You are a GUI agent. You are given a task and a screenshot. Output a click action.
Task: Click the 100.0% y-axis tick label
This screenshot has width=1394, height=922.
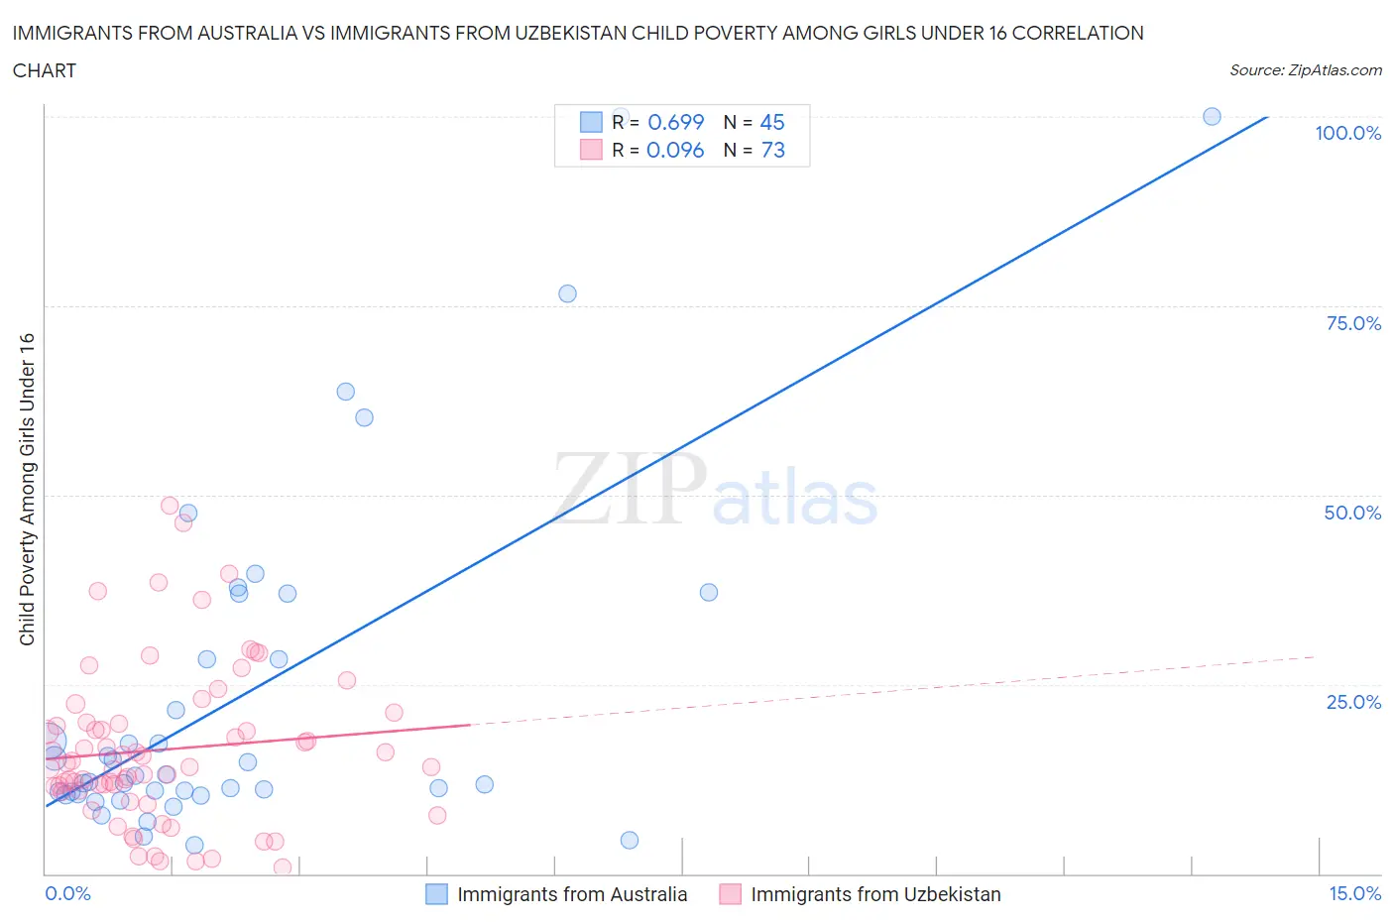1347,133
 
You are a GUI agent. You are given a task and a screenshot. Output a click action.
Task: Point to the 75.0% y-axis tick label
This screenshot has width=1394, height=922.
1353,323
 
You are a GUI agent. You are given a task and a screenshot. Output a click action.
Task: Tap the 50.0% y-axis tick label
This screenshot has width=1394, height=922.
1352,513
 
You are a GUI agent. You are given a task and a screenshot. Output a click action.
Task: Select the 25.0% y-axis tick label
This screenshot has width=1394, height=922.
1353,702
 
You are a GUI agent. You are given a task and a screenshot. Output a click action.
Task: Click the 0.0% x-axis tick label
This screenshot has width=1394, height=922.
67,893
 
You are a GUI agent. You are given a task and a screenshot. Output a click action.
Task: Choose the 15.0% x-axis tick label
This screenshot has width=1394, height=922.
1354,893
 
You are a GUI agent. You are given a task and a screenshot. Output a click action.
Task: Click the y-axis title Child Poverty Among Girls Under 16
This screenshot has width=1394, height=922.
27,489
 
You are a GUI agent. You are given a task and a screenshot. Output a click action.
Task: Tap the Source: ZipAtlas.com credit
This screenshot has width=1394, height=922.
1305,70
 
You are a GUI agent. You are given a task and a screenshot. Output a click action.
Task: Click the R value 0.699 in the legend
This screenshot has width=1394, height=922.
675,122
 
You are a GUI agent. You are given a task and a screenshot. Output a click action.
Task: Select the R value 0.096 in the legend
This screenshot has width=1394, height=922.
675,150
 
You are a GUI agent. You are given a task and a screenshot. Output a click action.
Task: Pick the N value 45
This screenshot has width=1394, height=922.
771,122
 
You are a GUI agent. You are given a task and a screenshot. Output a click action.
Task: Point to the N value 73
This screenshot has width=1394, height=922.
772,150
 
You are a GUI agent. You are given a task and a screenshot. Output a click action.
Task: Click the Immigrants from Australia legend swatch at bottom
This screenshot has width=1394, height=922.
436,894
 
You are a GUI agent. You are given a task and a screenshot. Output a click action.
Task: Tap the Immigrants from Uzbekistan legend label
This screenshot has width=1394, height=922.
875,894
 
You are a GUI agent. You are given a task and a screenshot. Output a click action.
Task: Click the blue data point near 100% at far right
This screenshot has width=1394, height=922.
1212,116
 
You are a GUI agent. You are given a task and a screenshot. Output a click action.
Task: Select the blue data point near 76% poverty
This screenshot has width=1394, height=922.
567,293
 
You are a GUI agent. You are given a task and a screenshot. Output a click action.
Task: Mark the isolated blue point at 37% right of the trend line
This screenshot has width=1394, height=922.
709,592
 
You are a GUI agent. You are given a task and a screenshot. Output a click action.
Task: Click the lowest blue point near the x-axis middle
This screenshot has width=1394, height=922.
630,840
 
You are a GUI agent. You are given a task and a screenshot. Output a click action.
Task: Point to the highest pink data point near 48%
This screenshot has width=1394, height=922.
170,506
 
